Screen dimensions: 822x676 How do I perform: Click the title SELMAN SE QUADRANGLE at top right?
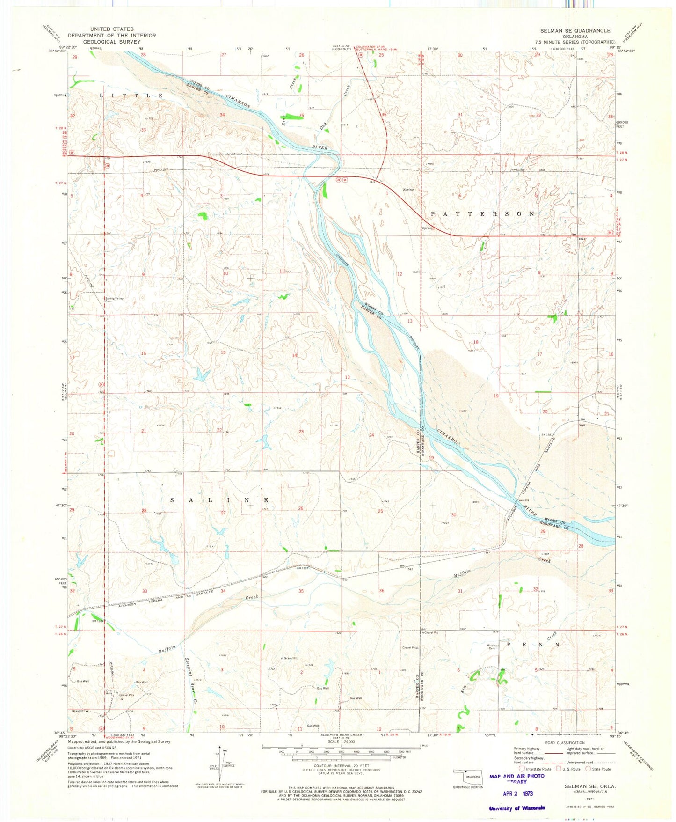click(x=575, y=30)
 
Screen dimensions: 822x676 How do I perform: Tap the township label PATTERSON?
click(x=482, y=213)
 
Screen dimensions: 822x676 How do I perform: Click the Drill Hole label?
click(x=108, y=692)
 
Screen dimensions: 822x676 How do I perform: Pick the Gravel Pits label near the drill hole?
click(x=126, y=695)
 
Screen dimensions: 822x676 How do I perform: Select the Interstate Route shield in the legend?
click(x=522, y=769)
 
